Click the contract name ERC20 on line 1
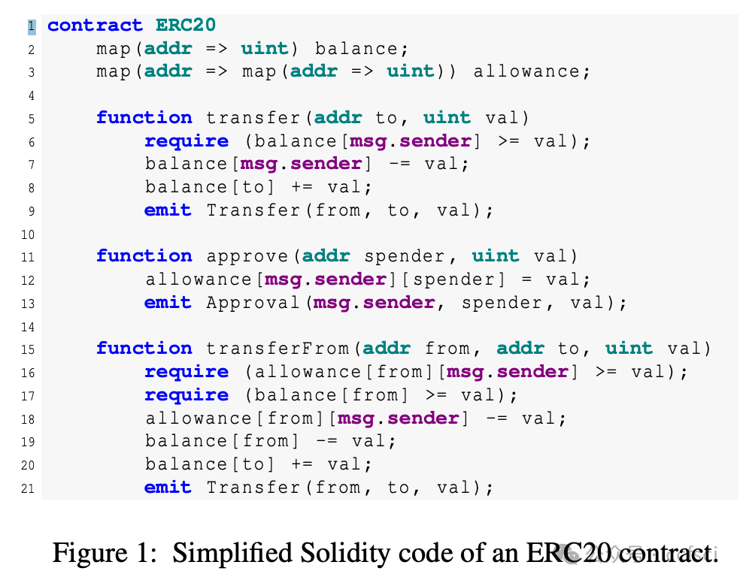186,26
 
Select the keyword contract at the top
95,26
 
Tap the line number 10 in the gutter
28,234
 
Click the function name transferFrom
277,349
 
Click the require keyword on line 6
187,141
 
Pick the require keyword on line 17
187,395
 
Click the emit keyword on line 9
168,210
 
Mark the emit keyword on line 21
168,488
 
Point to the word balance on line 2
357,49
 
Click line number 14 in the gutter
28,327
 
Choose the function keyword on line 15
144,349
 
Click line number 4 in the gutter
30,95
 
